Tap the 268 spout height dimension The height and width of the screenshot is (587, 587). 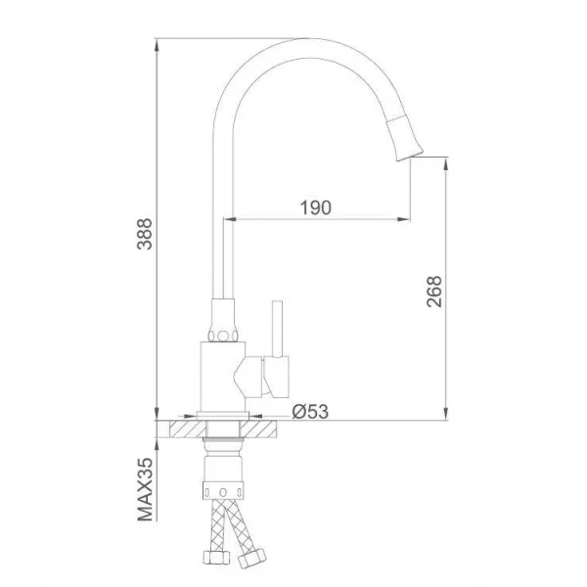pyautogui.click(x=435, y=292)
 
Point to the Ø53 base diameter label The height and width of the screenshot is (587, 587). pyautogui.click(x=309, y=411)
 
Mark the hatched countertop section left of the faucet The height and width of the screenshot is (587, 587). pyautogui.click(x=184, y=429)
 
